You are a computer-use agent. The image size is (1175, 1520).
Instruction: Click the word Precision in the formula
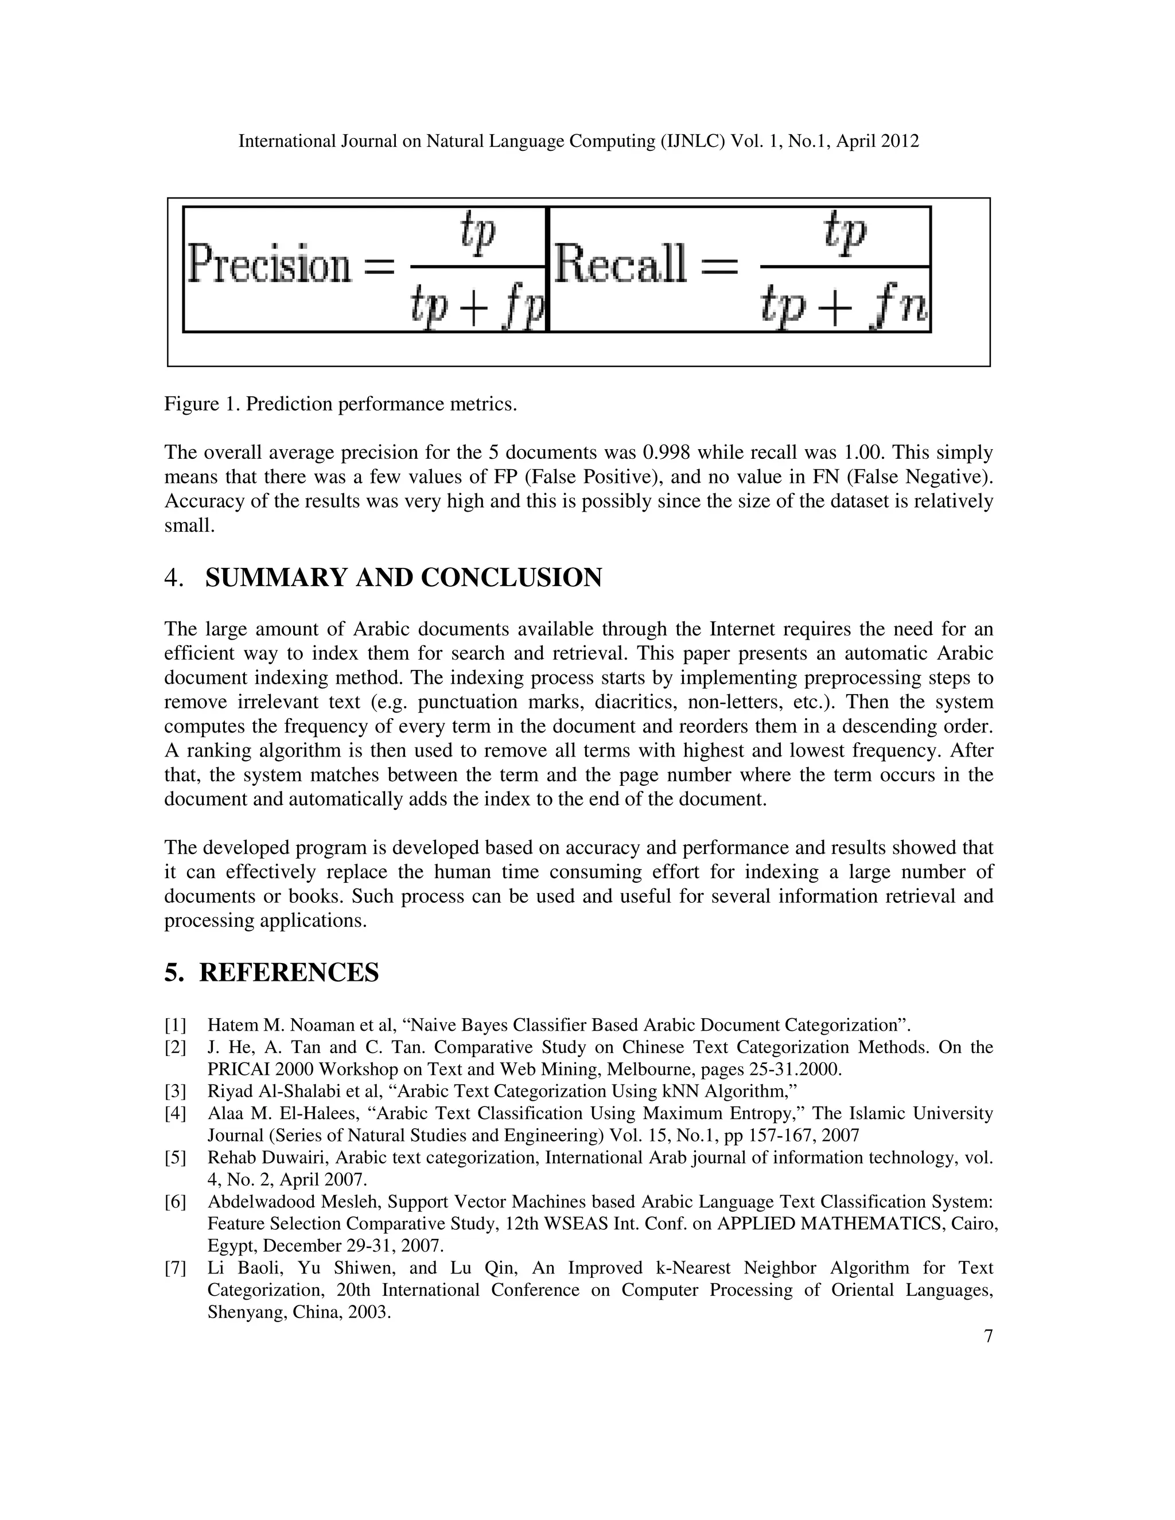pyautogui.click(x=270, y=265)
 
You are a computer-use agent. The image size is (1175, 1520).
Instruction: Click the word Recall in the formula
pyautogui.click(x=620, y=265)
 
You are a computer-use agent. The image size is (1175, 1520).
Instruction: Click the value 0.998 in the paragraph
pyautogui.click(x=667, y=453)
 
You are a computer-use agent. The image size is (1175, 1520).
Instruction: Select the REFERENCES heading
pyautogui.click(x=289, y=973)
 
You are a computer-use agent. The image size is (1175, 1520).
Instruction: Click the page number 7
pyautogui.click(x=989, y=1337)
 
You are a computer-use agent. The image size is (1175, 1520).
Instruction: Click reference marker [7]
pyautogui.click(x=176, y=1268)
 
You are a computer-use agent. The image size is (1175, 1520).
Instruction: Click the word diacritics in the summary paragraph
pyautogui.click(x=639, y=701)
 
